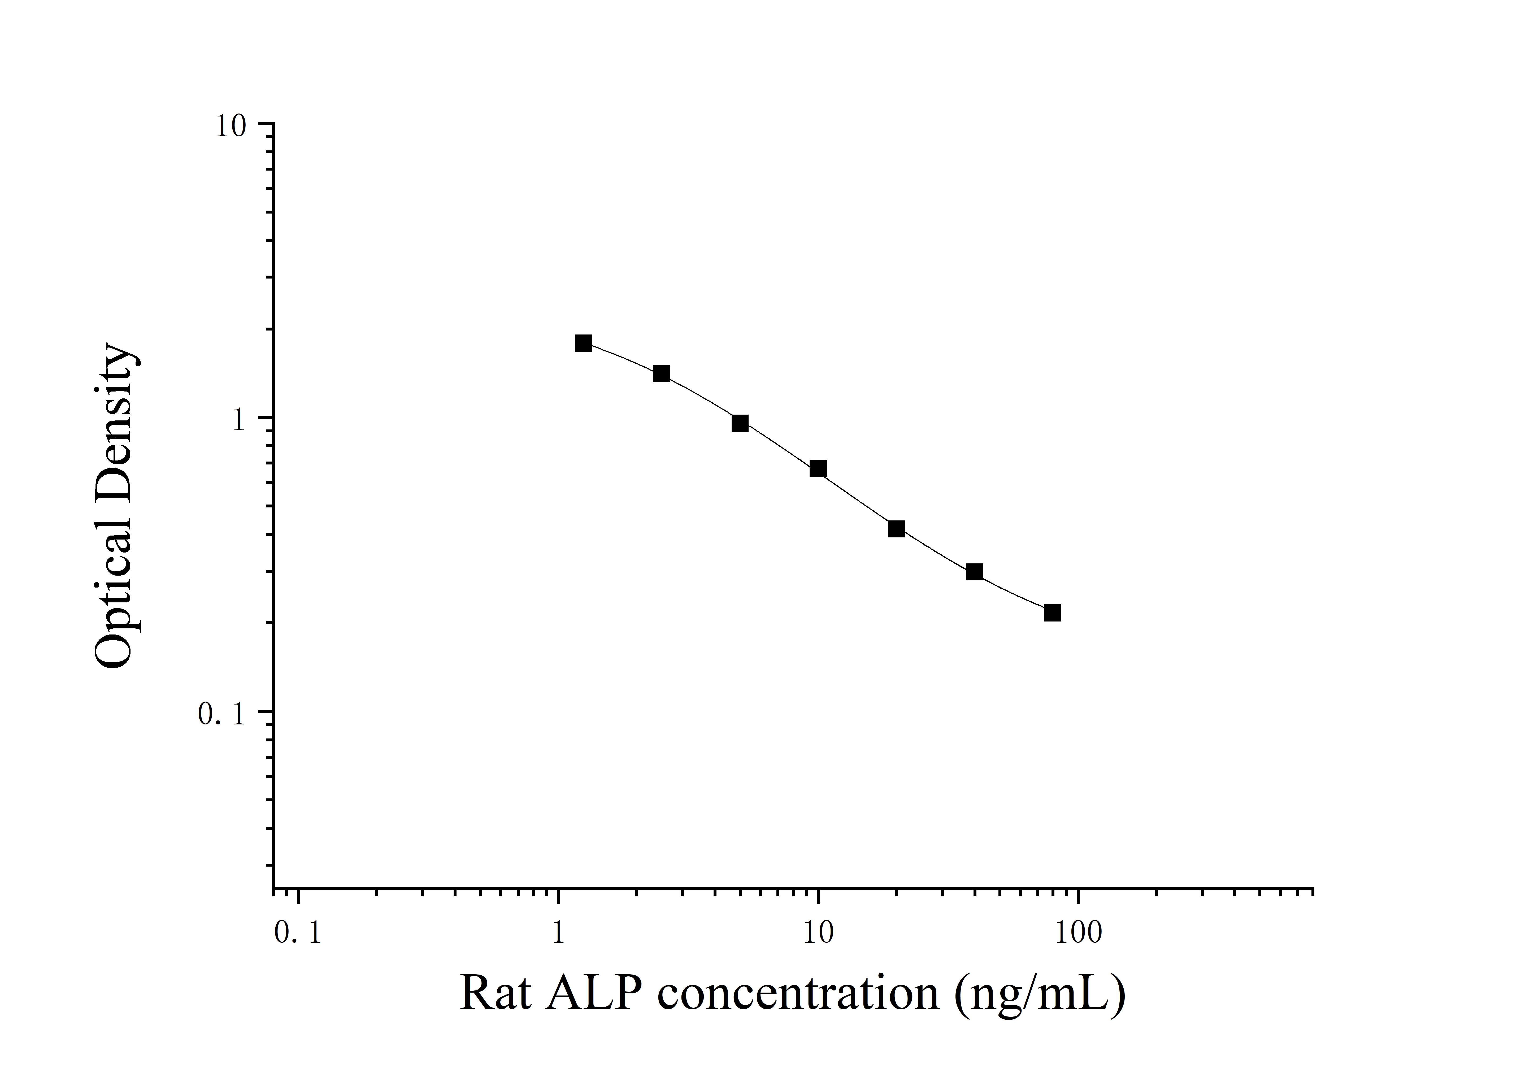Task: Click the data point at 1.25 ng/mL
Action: click(x=583, y=343)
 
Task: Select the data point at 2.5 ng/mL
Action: click(x=662, y=373)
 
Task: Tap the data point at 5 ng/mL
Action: click(x=740, y=423)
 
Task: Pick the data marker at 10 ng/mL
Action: click(x=818, y=469)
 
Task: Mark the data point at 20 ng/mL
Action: click(x=896, y=529)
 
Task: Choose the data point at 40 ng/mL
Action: click(x=974, y=572)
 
